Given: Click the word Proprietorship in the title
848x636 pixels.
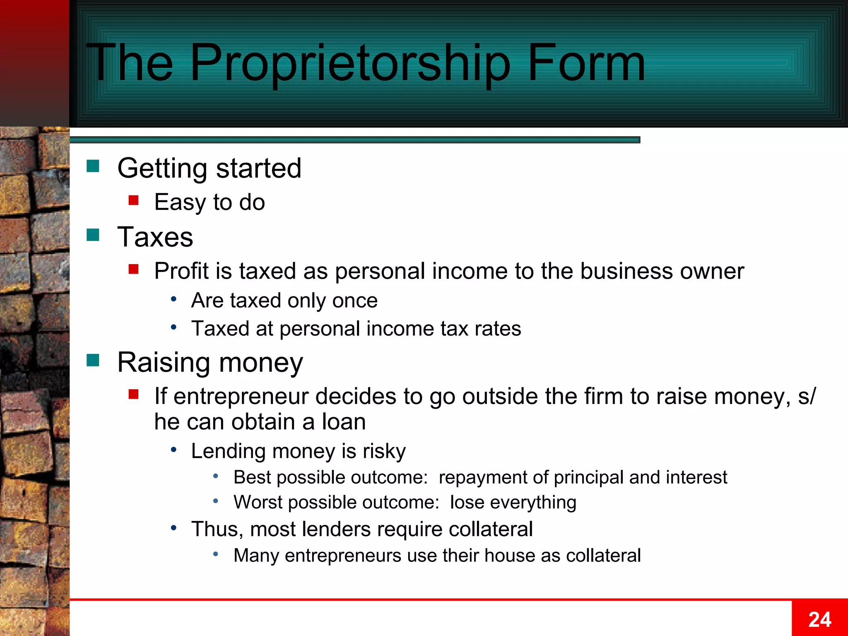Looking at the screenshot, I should click(x=350, y=63).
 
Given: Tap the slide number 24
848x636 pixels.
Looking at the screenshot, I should click(x=819, y=619).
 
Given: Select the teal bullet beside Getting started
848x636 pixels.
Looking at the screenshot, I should click(x=93, y=166).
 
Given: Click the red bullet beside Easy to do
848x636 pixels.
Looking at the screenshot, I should click(x=133, y=201).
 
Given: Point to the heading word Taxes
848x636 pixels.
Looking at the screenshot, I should click(x=155, y=237).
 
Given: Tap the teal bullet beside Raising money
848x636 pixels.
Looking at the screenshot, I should click(x=93, y=360).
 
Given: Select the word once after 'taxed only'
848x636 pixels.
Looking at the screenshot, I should click(x=355, y=301).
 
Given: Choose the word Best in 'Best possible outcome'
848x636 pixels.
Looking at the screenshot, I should click(x=253, y=477).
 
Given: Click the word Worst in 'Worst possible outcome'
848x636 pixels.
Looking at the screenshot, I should click(x=258, y=503).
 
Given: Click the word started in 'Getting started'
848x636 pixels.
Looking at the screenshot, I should click(x=259, y=169).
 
